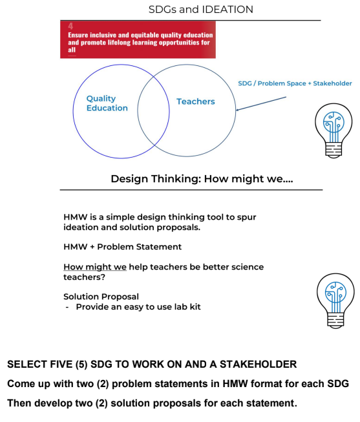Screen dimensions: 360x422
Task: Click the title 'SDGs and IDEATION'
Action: pyautogui.click(x=200, y=10)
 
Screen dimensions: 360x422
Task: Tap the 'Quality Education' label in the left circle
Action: pyautogui.click(x=107, y=103)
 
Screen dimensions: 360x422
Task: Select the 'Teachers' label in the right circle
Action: pyautogui.click(x=195, y=101)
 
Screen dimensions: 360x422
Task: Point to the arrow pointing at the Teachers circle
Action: pyautogui.click(x=261, y=103)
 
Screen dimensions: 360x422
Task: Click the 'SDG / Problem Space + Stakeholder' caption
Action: pyautogui.click(x=294, y=83)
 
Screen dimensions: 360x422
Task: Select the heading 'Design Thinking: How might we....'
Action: pyautogui.click(x=201, y=178)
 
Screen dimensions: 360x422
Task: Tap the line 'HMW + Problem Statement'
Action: pyautogui.click(x=122, y=247)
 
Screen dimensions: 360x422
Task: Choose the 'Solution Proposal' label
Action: pyautogui.click(x=101, y=297)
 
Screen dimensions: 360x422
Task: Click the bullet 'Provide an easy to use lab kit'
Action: pyautogui.click(x=138, y=307)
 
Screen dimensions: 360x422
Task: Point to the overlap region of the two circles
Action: pyautogui.click(x=153, y=110)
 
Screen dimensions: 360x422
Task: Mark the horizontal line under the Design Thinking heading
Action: pyautogui.click(x=191, y=190)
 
